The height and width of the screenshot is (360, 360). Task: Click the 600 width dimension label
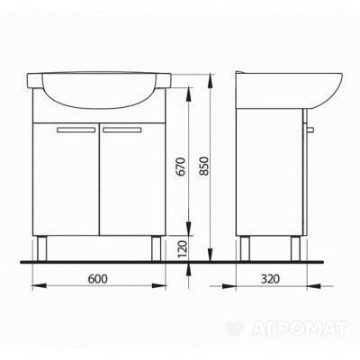click(x=97, y=279)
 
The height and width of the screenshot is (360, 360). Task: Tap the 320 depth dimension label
click(x=270, y=279)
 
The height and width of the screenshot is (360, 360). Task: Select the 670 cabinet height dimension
click(x=182, y=166)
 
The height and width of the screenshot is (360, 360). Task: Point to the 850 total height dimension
click(x=204, y=166)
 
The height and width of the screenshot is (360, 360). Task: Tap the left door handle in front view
click(x=76, y=130)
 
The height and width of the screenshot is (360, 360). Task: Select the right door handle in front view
click(x=121, y=130)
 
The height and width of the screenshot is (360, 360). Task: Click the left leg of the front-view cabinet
click(x=41, y=248)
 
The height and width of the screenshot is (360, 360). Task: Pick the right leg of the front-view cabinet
click(x=156, y=248)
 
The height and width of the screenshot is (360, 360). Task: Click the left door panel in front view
click(x=66, y=179)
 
